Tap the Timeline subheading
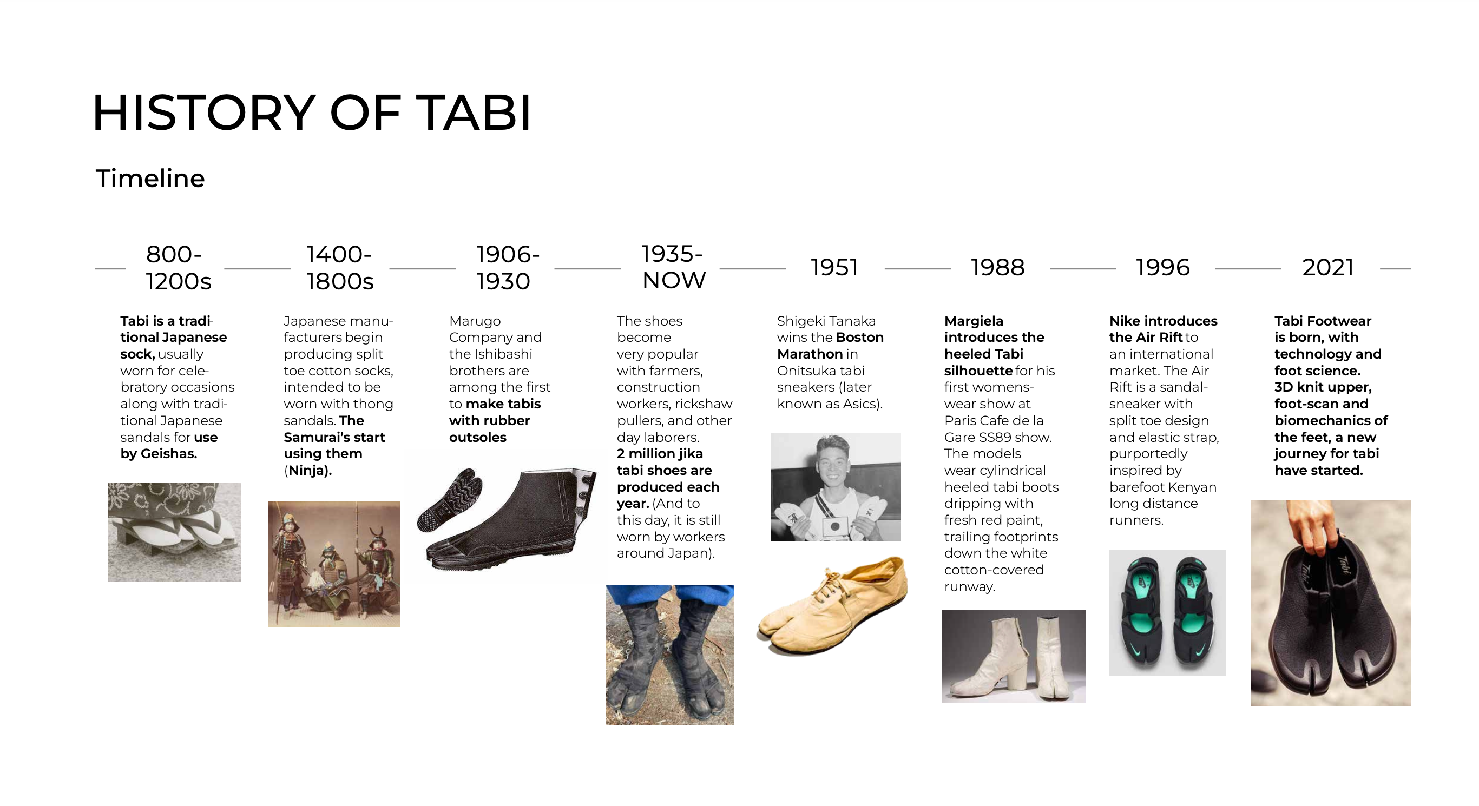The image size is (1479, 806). click(150, 179)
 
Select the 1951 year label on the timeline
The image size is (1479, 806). click(834, 268)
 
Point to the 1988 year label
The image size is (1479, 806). click(997, 268)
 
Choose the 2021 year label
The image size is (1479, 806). click(1328, 268)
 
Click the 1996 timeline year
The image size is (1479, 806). click(1162, 268)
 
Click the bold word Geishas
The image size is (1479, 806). click(168, 453)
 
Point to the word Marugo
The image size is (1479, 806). click(475, 321)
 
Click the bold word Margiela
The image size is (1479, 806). click(974, 321)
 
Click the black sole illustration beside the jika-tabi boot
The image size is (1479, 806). click(449, 498)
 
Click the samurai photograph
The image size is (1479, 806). click(333, 564)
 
